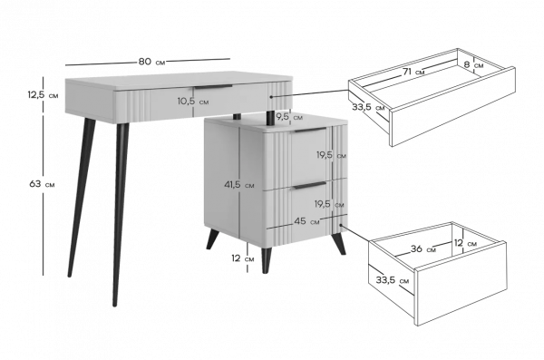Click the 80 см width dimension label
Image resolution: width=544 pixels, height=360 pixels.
point(152,62)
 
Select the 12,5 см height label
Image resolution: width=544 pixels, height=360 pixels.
point(43,94)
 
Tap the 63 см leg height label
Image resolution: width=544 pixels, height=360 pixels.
point(42,184)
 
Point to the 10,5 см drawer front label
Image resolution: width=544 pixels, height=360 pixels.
point(193,102)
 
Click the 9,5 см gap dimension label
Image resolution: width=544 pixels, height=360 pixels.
point(289,117)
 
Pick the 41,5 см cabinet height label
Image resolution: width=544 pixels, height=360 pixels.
point(239,185)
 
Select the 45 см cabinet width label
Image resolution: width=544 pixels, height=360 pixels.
point(306,221)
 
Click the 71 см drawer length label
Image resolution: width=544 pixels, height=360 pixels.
point(413,72)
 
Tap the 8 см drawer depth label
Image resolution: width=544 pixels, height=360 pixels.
point(473,64)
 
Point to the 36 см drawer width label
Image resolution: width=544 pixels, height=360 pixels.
point(423,248)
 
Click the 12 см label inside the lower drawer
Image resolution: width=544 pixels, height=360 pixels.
point(465,243)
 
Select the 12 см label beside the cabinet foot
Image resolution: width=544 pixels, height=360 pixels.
point(243,258)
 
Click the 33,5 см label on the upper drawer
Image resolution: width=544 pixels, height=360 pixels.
point(368,107)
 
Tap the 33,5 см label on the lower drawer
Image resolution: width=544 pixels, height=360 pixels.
point(393,280)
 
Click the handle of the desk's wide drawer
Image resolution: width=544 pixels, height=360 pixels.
point(213,86)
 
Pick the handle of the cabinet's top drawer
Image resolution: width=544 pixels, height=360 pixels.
point(310,130)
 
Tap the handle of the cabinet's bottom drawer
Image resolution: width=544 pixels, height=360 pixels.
point(310,185)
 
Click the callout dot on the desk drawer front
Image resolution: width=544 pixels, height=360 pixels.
point(271,97)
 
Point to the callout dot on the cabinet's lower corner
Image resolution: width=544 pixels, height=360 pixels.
point(341,225)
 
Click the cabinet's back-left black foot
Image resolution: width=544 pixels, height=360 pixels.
point(212,239)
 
